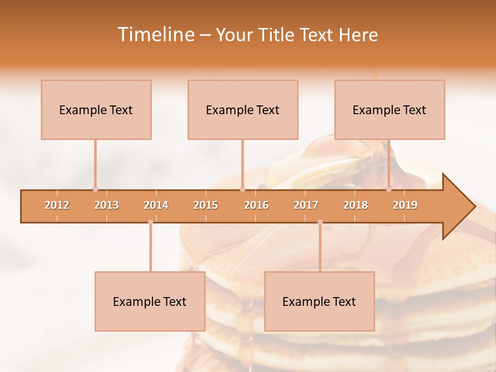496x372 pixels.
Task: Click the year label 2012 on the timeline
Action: point(57,205)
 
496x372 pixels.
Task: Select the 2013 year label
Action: point(106,205)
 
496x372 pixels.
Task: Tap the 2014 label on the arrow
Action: point(156,205)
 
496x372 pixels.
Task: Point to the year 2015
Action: point(206,205)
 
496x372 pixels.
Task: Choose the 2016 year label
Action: point(256,205)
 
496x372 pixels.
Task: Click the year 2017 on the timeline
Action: point(306,205)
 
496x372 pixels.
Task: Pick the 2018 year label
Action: point(355,205)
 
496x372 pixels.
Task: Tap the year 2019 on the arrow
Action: point(405,205)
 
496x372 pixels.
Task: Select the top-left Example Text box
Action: point(96,110)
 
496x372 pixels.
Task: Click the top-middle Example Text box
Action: point(243,110)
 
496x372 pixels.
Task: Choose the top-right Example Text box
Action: point(390,110)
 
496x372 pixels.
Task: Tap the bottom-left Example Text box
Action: point(150,301)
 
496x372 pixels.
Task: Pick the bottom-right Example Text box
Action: point(319,301)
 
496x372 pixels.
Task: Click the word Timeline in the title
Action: point(154,35)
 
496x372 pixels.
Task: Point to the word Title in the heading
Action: point(279,35)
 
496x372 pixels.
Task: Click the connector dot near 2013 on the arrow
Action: point(95,189)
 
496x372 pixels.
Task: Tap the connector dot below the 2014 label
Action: point(150,222)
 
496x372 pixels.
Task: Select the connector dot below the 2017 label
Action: point(320,222)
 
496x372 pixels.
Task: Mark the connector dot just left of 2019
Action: point(389,189)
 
